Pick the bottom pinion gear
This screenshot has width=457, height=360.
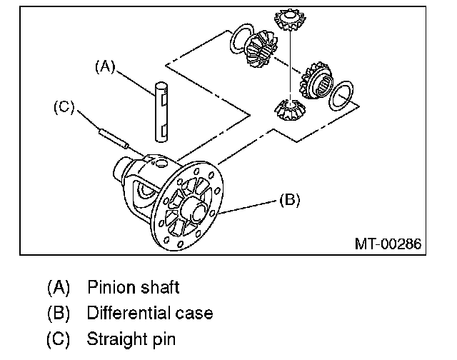tap(290, 110)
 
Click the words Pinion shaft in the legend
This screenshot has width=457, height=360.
tap(133, 287)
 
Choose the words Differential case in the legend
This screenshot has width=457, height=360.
tap(149, 313)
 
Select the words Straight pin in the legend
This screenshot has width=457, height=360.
tap(131, 338)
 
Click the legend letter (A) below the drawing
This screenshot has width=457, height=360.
tap(59, 287)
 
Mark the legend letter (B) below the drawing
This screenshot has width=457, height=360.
tap(59, 313)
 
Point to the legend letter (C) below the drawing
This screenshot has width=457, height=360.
tap(59, 338)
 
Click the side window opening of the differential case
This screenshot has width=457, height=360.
tap(145, 190)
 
